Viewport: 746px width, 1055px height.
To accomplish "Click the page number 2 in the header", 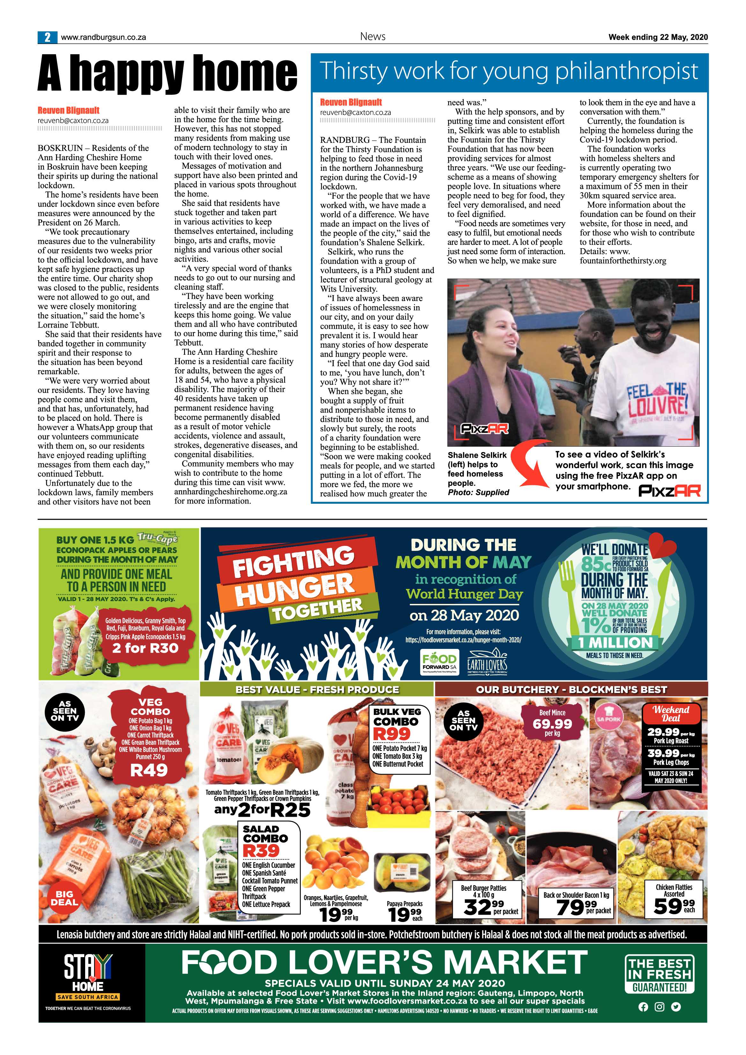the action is tap(47, 37).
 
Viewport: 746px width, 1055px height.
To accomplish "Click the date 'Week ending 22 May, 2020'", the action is tap(658, 37).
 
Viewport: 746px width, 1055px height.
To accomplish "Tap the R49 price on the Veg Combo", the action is tap(149, 770).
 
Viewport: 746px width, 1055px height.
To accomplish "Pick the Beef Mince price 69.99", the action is tap(552, 724).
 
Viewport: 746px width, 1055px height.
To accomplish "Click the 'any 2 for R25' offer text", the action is tap(262, 810).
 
